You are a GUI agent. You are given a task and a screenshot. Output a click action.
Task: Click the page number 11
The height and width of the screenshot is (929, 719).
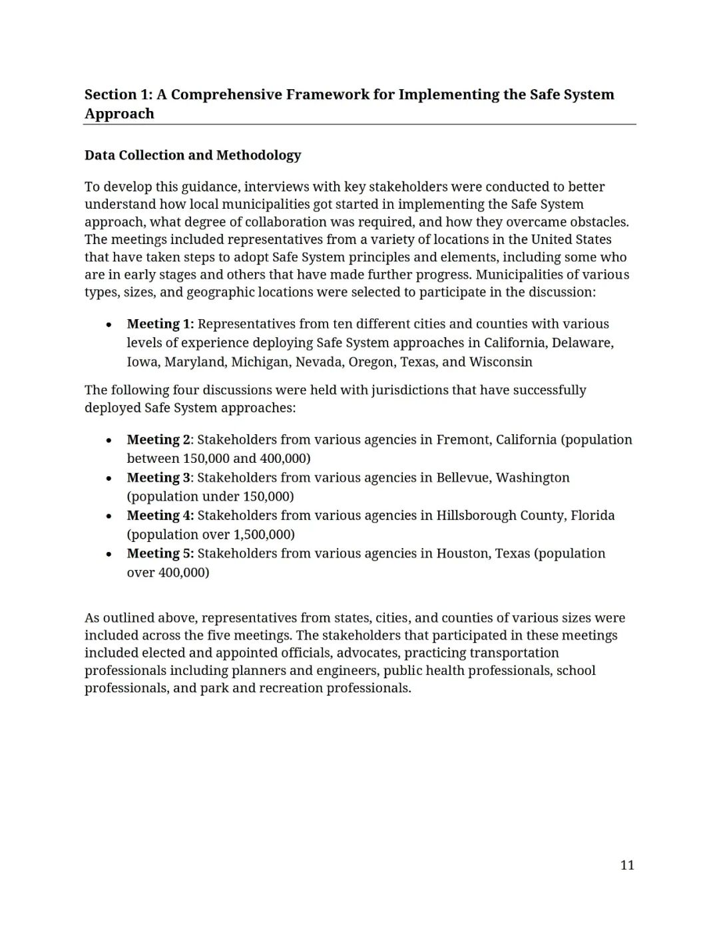pyautogui.click(x=627, y=865)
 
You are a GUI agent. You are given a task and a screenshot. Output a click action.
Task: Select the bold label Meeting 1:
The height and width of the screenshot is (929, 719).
pyautogui.click(x=160, y=324)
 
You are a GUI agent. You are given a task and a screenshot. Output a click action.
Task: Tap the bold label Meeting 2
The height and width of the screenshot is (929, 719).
pyautogui.click(x=158, y=440)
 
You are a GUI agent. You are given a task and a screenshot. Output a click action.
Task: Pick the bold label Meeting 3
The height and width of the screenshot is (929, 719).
pyautogui.click(x=158, y=477)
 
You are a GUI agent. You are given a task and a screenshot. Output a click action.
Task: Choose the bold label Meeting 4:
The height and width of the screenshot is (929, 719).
pyautogui.click(x=160, y=515)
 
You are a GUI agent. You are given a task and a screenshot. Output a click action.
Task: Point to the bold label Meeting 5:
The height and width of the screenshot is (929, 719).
pyautogui.click(x=160, y=553)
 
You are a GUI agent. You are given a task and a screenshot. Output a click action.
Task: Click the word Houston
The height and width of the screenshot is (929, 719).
pyautogui.click(x=463, y=553)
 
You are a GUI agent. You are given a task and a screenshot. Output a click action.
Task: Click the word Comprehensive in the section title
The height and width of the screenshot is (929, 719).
pyautogui.click(x=226, y=94)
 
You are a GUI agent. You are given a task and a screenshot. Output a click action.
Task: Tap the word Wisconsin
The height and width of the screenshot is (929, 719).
pyautogui.click(x=501, y=362)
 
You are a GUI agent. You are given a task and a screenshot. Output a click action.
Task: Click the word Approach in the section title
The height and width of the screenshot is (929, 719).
pyautogui.click(x=119, y=114)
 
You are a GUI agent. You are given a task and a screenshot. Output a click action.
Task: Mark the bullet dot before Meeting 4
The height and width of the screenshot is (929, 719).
pyautogui.click(x=109, y=516)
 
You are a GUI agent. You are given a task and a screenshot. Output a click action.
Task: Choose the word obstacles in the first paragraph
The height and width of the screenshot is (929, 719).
pyautogui.click(x=599, y=221)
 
